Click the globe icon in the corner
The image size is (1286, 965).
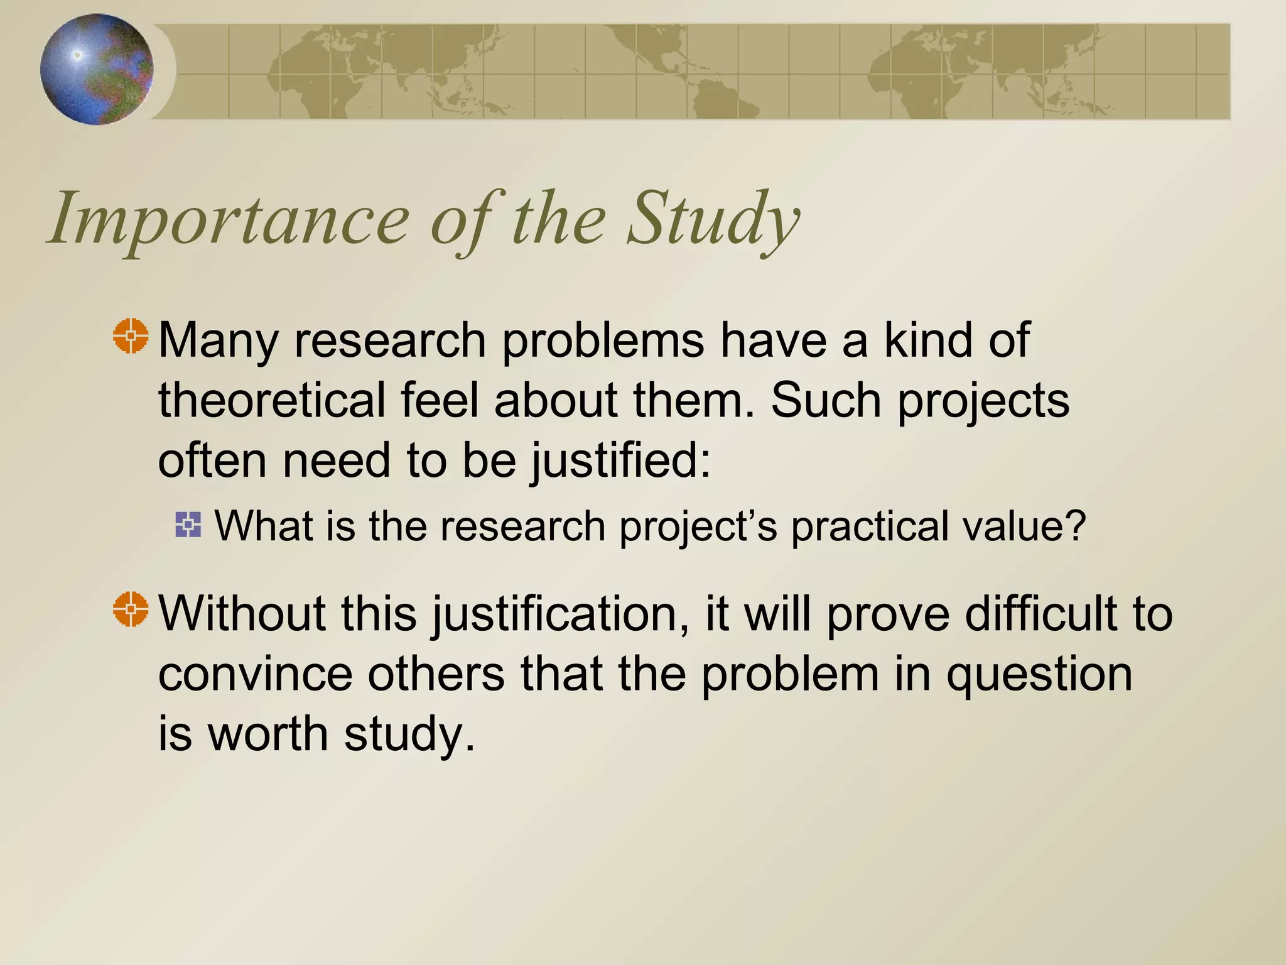point(97,69)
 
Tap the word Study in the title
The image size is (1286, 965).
point(713,220)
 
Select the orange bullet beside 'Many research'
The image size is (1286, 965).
point(131,336)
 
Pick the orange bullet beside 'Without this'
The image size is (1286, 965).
point(131,609)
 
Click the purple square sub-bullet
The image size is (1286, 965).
point(188,525)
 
